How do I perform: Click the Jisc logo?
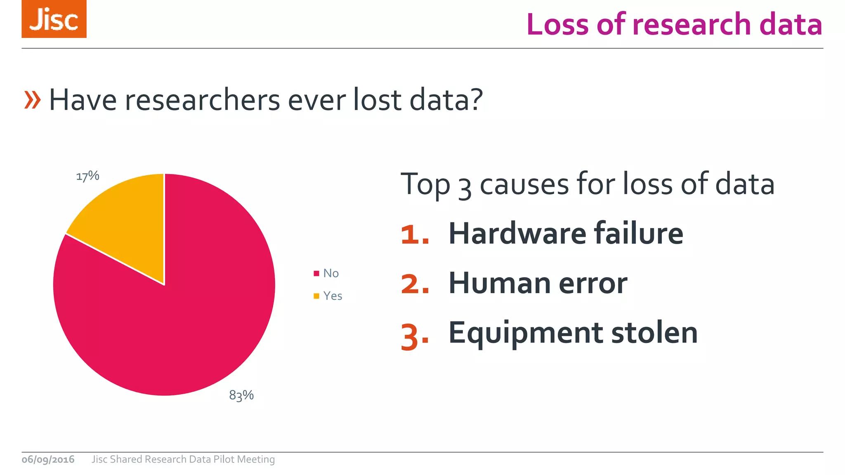pos(54,19)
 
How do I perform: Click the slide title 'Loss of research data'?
pos(674,24)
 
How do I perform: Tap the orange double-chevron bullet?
pos(33,100)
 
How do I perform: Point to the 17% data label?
pos(88,176)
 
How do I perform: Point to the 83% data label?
pos(241,395)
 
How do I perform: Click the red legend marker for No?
pos(316,273)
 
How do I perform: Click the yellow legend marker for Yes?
pos(316,296)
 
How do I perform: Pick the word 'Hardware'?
pos(517,234)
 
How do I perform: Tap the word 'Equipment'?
pos(526,333)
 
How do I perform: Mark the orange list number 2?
pos(414,285)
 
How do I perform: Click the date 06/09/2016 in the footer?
pos(48,459)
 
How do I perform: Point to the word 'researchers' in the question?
pos(203,100)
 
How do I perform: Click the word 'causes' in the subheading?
pos(524,184)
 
